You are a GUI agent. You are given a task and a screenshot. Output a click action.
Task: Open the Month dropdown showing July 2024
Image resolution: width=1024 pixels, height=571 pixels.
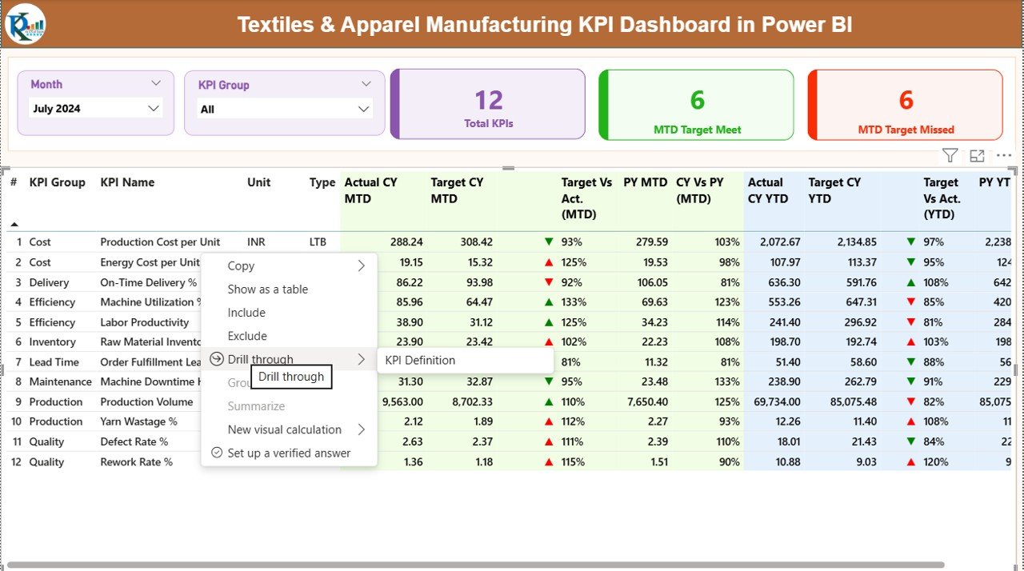point(96,109)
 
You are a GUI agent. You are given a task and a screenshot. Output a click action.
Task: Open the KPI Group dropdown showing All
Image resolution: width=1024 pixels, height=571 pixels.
point(285,110)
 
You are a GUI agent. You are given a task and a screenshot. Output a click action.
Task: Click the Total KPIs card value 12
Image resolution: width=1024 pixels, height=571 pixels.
point(489,100)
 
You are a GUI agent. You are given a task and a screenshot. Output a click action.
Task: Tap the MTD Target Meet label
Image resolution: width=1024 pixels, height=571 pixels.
point(697,130)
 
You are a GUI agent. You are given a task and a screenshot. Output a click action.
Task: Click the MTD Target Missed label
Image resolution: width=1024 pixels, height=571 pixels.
point(906,130)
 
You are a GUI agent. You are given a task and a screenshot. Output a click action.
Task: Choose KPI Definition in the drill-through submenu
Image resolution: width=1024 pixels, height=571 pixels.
point(420,360)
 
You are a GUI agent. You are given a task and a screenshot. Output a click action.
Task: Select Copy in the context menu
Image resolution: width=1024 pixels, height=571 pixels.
point(241,266)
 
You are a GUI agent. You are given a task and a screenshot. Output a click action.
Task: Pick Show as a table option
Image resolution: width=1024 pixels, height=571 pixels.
point(267,289)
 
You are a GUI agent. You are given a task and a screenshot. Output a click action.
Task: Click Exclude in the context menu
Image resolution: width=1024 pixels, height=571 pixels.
point(247,336)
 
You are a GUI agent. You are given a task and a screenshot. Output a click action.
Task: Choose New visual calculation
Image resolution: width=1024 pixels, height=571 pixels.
point(284,429)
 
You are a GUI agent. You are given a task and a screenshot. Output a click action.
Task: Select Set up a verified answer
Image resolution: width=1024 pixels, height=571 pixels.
point(288,453)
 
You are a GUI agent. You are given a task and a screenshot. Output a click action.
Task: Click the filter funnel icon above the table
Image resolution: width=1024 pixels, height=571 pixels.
point(950,156)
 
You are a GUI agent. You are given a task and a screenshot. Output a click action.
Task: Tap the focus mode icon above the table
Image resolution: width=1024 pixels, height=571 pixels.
point(977,156)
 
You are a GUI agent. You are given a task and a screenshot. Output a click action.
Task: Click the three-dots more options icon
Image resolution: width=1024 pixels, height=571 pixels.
point(1004,156)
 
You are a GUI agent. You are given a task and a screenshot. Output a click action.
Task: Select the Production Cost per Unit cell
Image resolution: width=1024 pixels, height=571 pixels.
point(160,242)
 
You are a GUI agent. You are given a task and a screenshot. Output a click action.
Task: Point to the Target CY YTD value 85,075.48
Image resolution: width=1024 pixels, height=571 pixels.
point(849,401)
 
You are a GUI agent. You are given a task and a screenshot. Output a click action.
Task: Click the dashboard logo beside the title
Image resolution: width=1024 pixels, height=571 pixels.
point(26,24)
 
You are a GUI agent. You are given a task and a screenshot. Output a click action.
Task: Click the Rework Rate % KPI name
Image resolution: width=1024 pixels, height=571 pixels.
point(136,461)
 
